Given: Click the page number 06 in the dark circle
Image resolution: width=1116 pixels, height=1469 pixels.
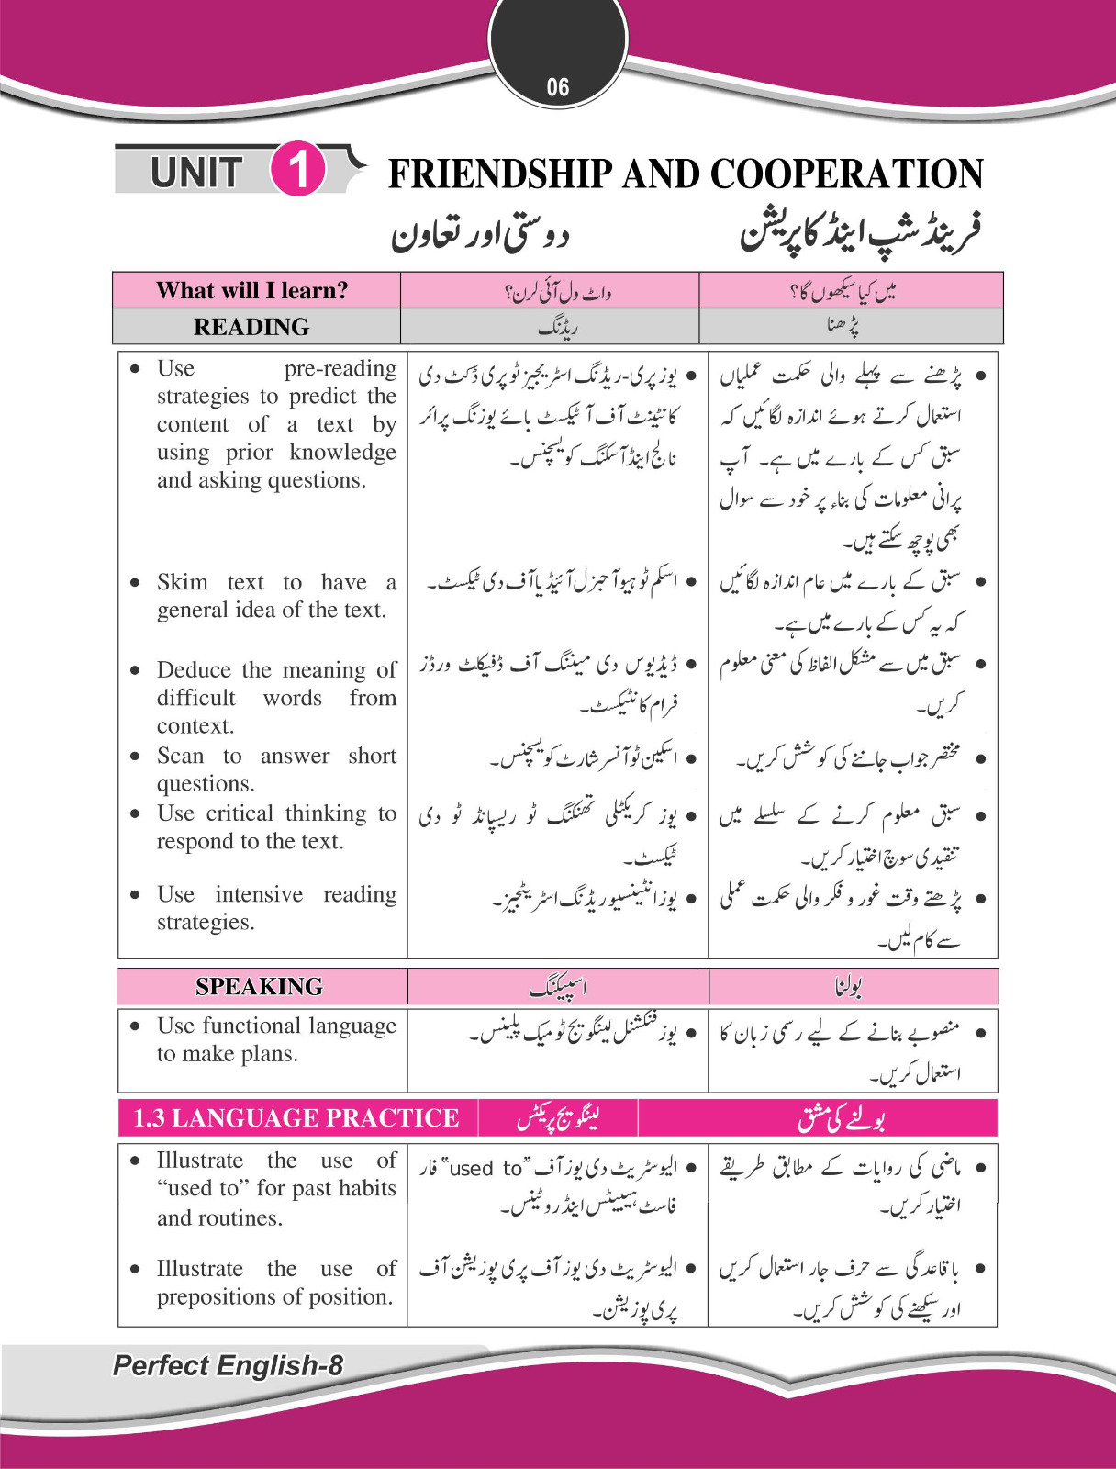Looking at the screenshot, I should coord(558,87).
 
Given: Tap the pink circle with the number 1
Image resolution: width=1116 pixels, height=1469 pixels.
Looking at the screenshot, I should coord(298,170).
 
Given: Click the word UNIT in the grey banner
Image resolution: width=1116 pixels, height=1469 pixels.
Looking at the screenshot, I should coord(195,173).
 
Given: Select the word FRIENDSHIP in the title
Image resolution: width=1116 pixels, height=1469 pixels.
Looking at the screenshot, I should coord(500,174).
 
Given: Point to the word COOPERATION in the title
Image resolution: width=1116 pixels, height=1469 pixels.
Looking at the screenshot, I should coord(845,174).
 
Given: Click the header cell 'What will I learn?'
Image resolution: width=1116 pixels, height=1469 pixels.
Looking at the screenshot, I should coord(252,291).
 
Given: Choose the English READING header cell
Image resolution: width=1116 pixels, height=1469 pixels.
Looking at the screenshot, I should coord(251,327).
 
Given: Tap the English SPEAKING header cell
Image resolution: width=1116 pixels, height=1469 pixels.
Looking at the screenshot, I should coord(259,986).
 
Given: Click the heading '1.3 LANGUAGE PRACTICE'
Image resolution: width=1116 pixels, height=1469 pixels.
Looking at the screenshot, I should coord(296,1117).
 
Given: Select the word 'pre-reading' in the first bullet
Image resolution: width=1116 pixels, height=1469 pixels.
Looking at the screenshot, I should coord(340,368).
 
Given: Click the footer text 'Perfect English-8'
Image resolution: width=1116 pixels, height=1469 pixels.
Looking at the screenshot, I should coord(228,1365).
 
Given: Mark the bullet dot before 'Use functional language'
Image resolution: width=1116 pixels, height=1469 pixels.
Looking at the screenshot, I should coord(136,1026).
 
